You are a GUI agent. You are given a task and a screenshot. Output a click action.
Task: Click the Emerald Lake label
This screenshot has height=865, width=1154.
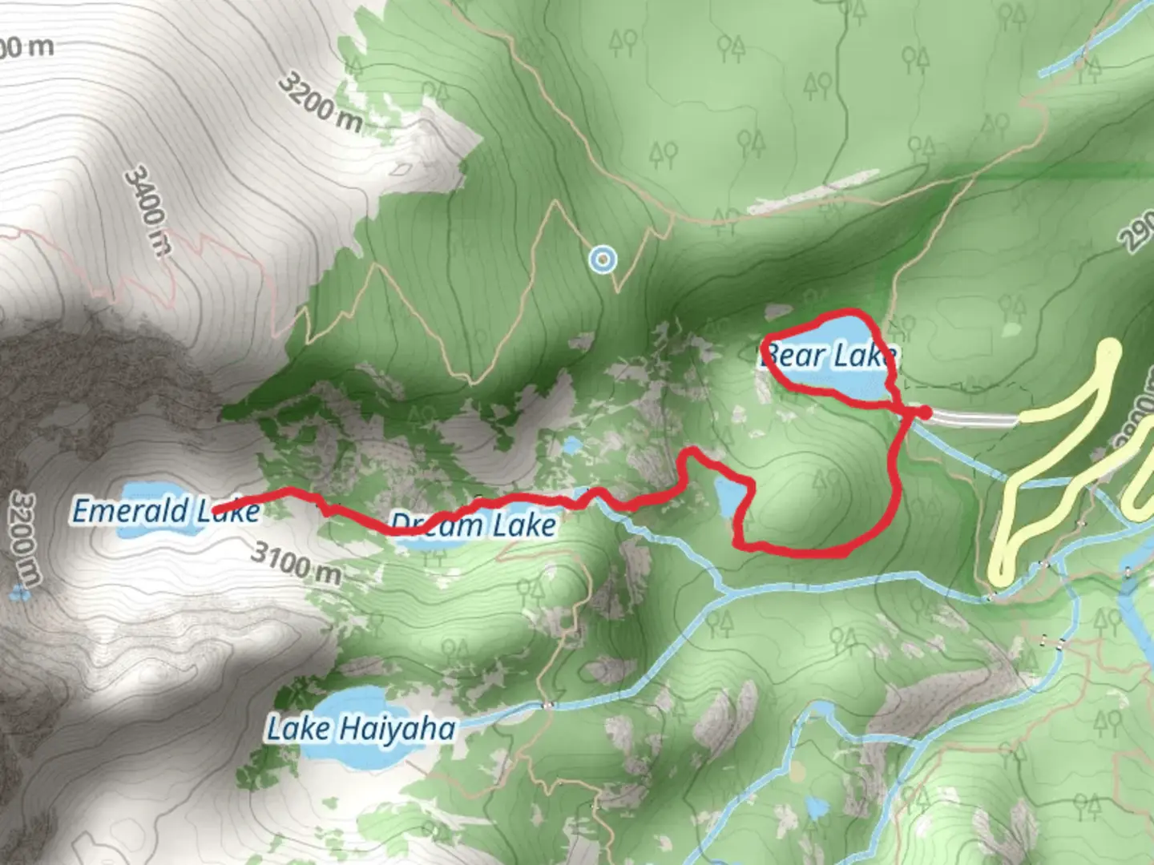pyautogui.click(x=166, y=511)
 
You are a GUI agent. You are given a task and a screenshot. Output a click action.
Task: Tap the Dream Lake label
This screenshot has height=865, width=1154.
pyautogui.click(x=473, y=525)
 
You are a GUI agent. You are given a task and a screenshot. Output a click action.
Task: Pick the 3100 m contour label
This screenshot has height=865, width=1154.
pyautogui.click(x=296, y=562)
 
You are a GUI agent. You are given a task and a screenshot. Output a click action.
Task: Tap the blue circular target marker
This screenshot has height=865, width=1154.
pyautogui.click(x=602, y=259)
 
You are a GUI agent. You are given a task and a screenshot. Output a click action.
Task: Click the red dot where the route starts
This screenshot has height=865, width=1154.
pyautogui.click(x=924, y=412)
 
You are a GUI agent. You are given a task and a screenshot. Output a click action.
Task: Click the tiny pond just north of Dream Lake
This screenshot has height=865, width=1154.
pyautogui.click(x=571, y=446)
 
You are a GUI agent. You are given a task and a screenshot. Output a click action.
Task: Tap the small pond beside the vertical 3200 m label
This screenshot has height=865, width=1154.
pyautogui.click(x=20, y=593)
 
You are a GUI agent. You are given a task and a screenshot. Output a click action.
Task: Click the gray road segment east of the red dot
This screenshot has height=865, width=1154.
pyautogui.click(x=974, y=418)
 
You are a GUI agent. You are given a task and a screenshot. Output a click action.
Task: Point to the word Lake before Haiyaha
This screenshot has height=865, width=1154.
pyautogui.click(x=297, y=730)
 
